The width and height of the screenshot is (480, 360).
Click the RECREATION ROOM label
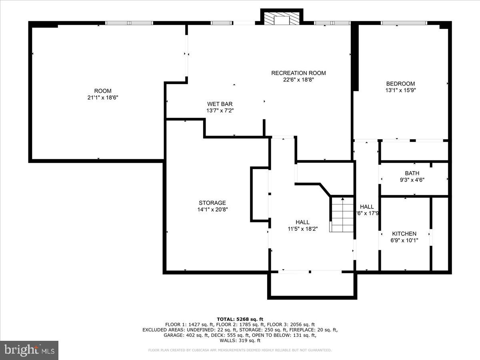(298, 73)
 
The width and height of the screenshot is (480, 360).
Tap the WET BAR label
(220, 104)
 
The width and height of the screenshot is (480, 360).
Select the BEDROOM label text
(400, 84)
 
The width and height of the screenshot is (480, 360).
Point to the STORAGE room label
(212, 203)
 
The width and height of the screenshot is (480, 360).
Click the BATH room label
(412, 173)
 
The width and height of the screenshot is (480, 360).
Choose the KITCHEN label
(404, 234)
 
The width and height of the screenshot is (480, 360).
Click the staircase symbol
(342, 214)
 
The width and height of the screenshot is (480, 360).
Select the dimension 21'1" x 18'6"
(103, 97)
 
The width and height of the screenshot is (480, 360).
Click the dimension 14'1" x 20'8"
(212, 209)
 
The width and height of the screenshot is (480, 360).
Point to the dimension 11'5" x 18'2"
(302, 229)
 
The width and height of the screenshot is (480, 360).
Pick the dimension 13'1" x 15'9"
(400, 90)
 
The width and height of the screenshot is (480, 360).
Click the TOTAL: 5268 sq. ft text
(240, 319)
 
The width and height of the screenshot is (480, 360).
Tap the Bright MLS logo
(29, 350)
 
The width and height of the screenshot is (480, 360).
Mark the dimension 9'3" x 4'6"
(412, 180)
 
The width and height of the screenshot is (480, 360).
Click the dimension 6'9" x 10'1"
(404, 240)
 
